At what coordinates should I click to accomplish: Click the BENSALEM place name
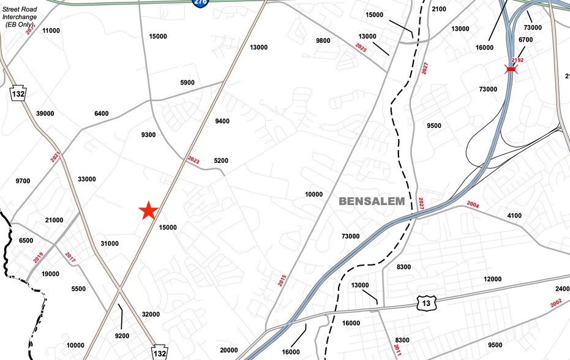pyautogui.click(x=372, y=201)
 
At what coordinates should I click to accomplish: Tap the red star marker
pyautogui.click(x=148, y=211)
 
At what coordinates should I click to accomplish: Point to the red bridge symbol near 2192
pyautogui.click(x=511, y=70)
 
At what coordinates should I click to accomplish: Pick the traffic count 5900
pyautogui.click(x=187, y=83)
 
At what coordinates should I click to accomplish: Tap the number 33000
pyautogui.click(x=87, y=179)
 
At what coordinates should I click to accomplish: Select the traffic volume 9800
pyautogui.click(x=323, y=41)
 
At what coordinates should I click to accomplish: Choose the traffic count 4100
pyautogui.click(x=514, y=216)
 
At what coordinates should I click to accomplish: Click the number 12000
pyautogui.click(x=492, y=279)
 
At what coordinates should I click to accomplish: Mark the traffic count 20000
pyautogui.click(x=228, y=350)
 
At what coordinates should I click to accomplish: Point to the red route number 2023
pyautogui.click(x=193, y=160)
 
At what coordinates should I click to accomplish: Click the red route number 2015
pyautogui.click(x=282, y=280)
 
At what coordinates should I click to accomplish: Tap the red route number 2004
pyautogui.click(x=473, y=204)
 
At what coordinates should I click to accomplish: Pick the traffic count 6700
pyautogui.click(x=525, y=40)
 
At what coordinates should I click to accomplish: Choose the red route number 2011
pyautogui.click(x=397, y=350)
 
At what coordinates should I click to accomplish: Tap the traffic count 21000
pyautogui.click(x=54, y=220)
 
